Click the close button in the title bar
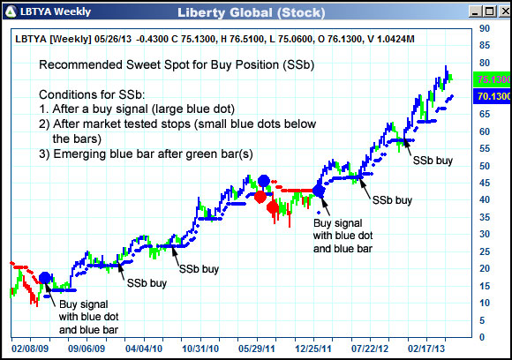pos(501,12)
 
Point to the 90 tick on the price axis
pos(484,28)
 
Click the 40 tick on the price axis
pos(484,199)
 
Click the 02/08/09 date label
pos(29,349)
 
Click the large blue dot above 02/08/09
pos(44,278)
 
